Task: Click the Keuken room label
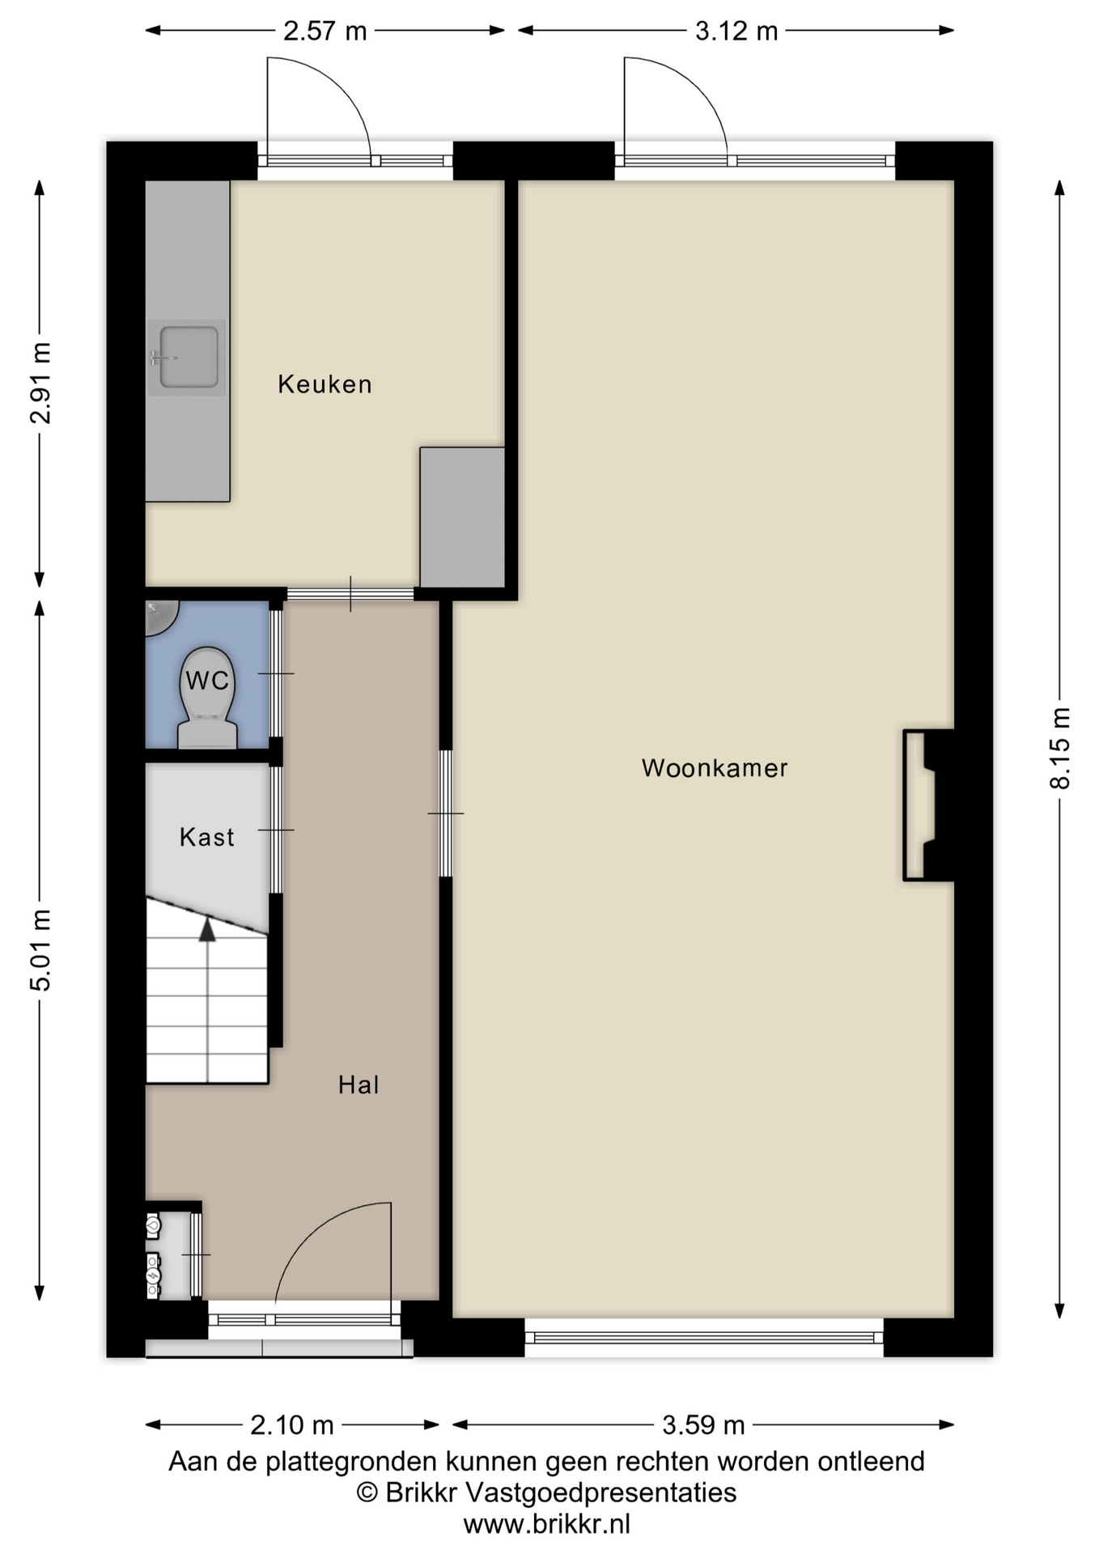pyautogui.click(x=325, y=384)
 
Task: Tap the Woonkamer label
pyautogui.click(x=715, y=767)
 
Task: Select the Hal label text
pyautogui.click(x=359, y=1085)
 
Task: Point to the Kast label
pyautogui.click(x=207, y=836)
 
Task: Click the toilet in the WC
pyautogui.click(x=207, y=698)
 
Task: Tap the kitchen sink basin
pyautogui.click(x=189, y=357)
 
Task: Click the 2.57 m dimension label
pyautogui.click(x=325, y=31)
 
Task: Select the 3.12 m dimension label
pyautogui.click(x=736, y=31)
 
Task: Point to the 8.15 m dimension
pyautogui.click(x=1059, y=748)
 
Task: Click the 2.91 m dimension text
pyautogui.click(x=40, y=383)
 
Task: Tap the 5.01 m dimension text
pyautogui.click(x=40, y=950)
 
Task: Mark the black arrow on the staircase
pyautogui.click(x=208, y=928)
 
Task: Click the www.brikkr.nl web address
pyautogui.click(x=546, y=1524)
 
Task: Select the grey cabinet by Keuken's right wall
pyautogui.click(x=462, y=517)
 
